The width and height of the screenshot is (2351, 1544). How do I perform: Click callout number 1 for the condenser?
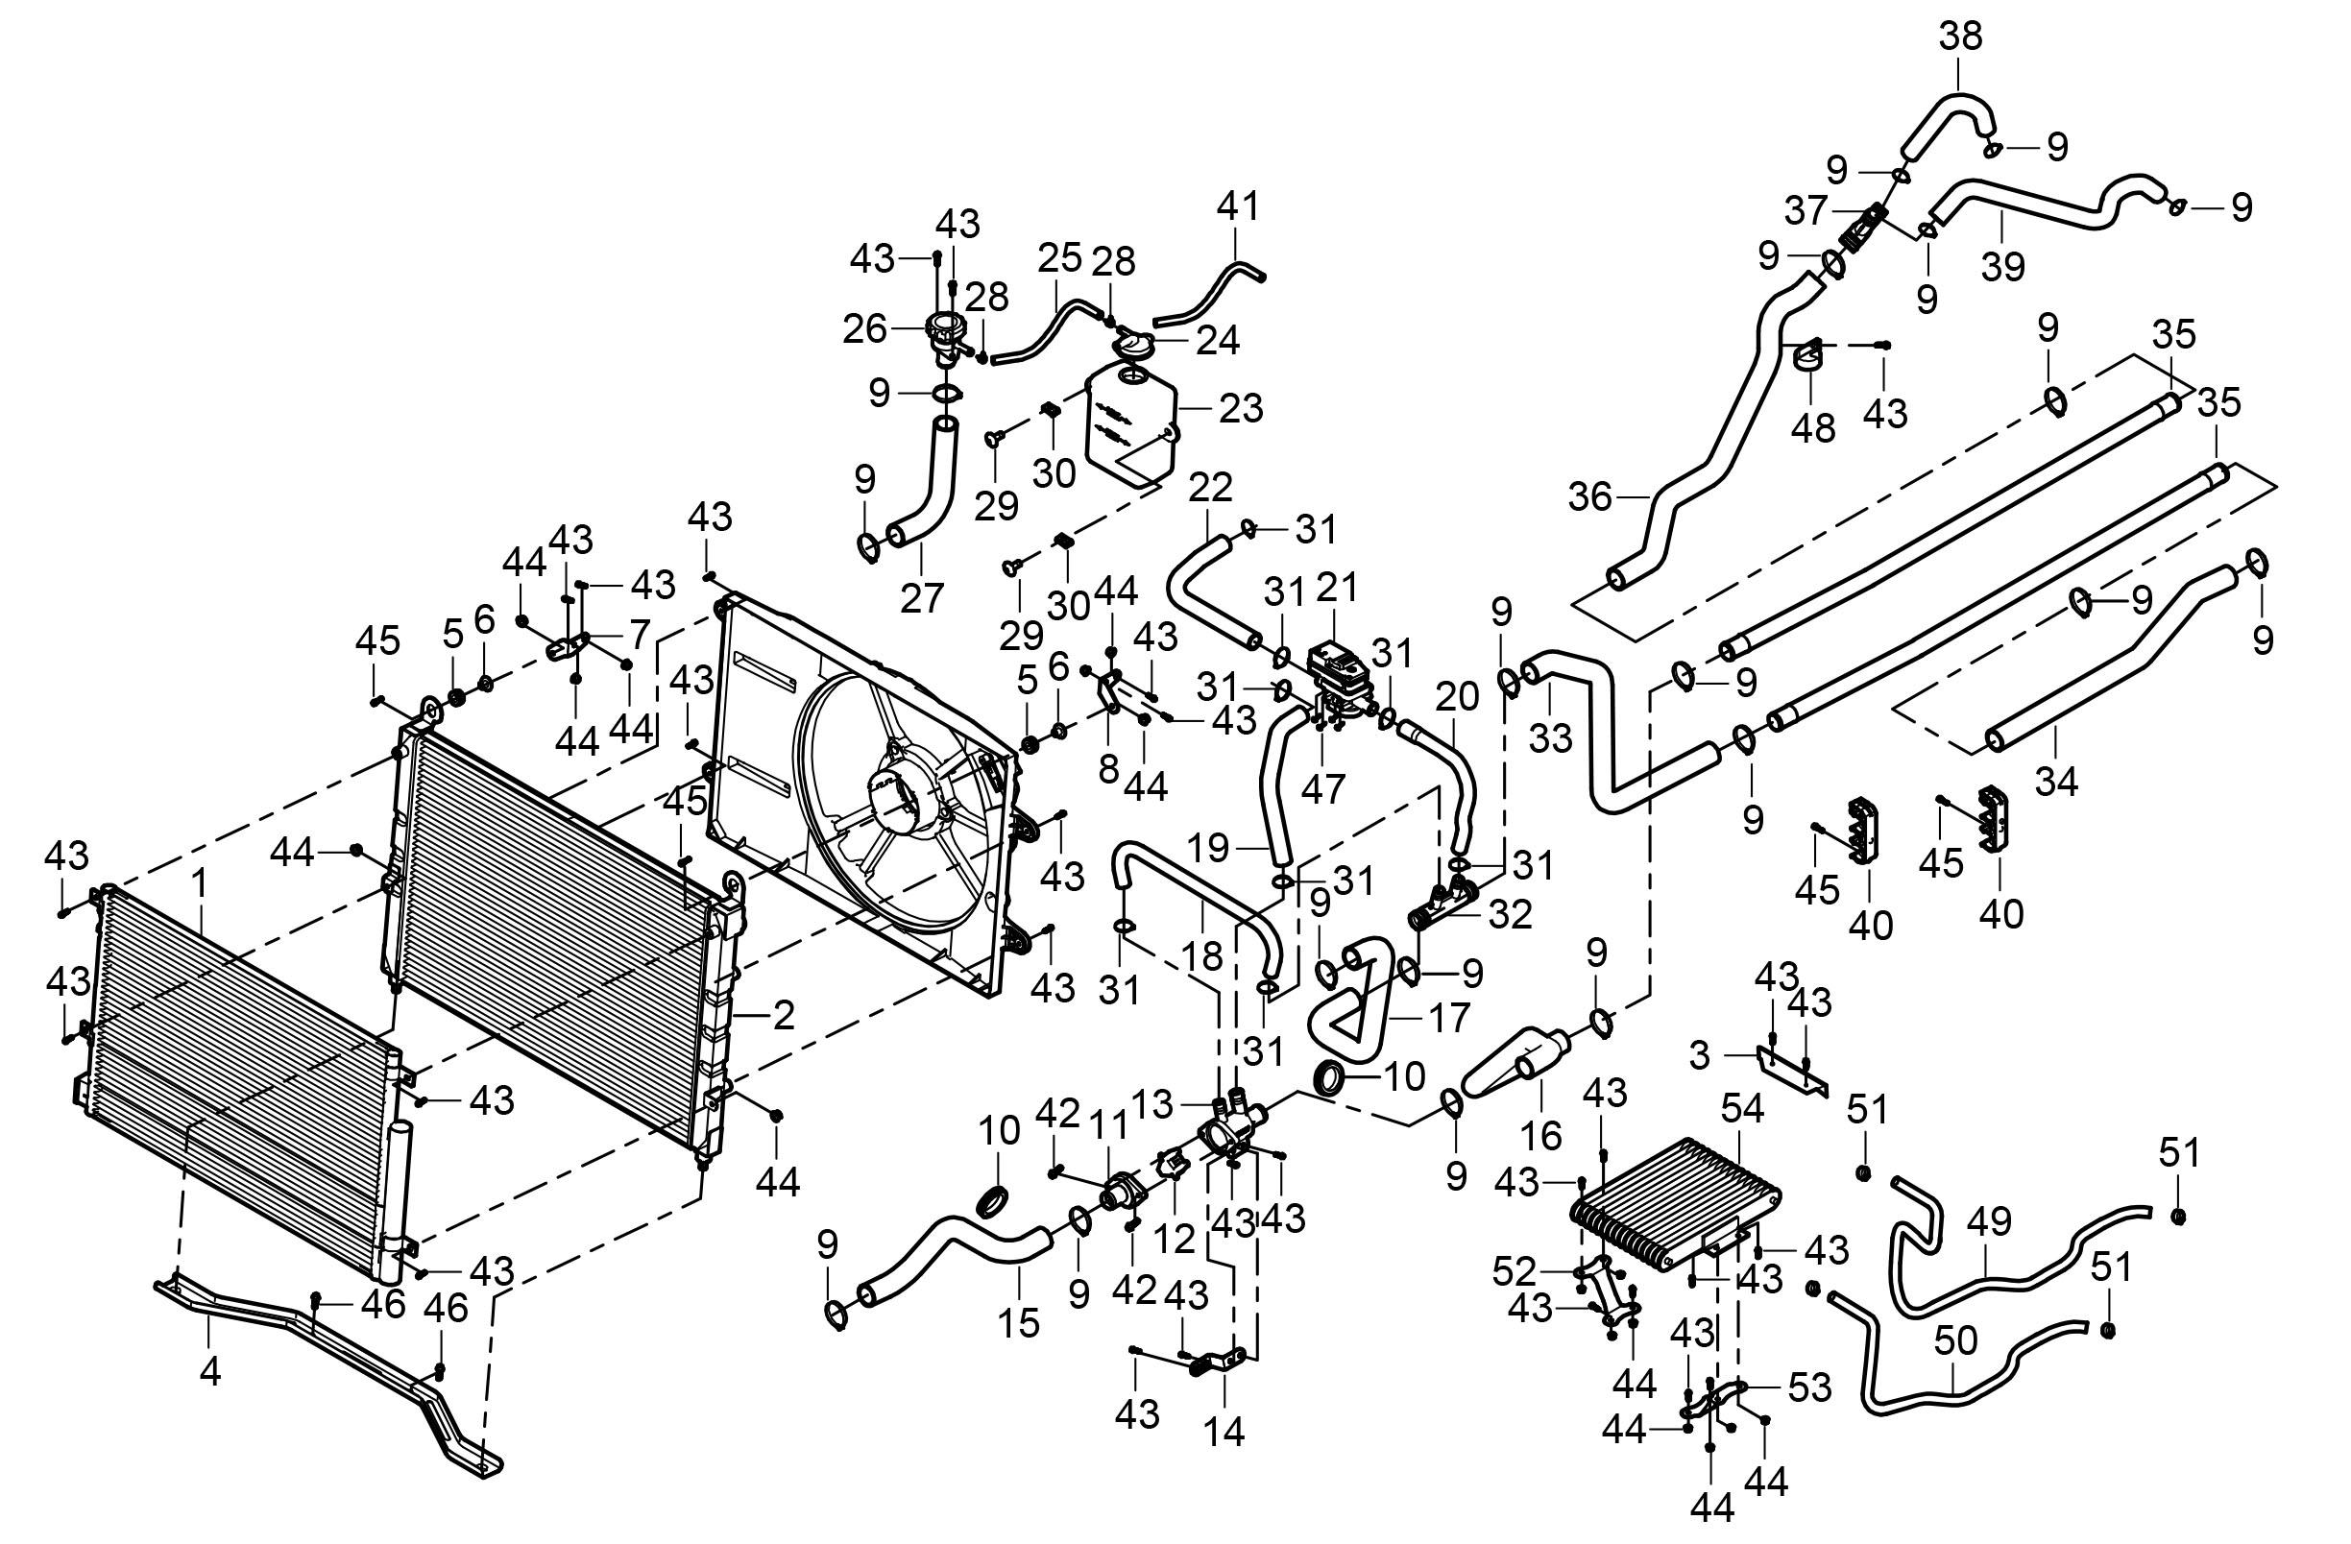[200, 883]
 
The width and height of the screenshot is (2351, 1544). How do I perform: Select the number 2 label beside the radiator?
[784, 1015]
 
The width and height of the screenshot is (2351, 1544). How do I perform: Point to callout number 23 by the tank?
[1241, 407]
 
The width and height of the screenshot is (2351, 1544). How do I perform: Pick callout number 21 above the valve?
[1338, 589]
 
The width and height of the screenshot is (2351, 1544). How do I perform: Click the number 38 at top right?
[1960, 36]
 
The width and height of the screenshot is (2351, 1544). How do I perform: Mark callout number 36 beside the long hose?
[1590, 496]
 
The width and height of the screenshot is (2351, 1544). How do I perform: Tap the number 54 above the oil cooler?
[1742, 1108]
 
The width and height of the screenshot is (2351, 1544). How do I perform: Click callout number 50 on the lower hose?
[1955, 1340]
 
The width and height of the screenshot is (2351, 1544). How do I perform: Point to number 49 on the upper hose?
[1990, 1222]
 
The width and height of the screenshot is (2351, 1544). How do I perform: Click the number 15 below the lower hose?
[1017, 1322]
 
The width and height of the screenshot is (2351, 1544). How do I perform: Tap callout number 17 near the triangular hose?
[1449, 1018]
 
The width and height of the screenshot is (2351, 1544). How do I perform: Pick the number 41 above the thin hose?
[1238, 206]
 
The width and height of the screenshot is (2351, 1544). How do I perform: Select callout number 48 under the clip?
[1813, 427]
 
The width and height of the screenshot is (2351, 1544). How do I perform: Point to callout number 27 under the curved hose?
[922, 596]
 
